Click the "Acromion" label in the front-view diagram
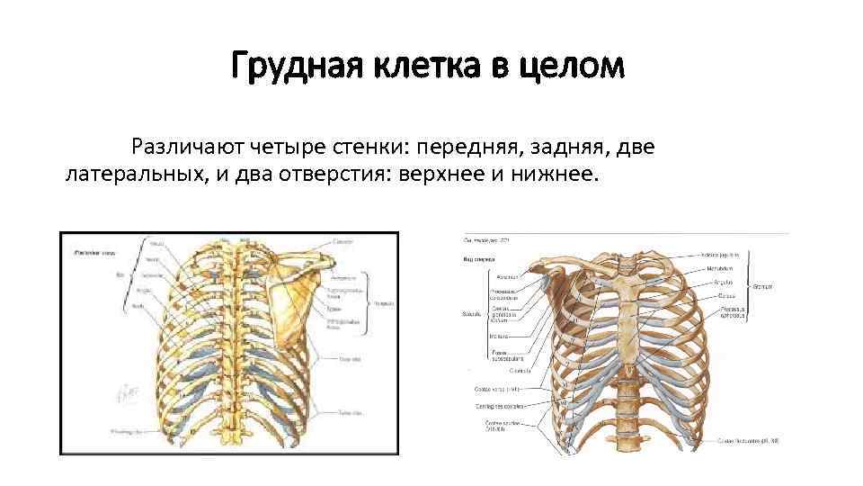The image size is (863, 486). coord(490,277)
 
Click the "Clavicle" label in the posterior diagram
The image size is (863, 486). coord(343,242)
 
